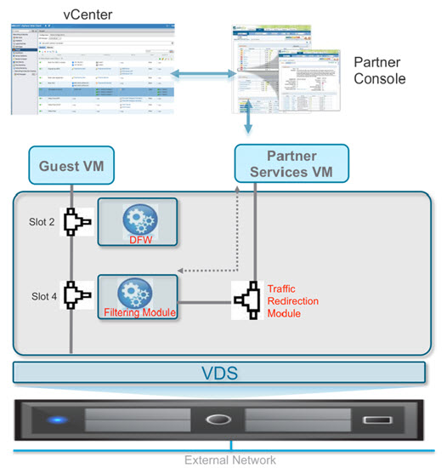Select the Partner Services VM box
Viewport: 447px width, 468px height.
point(291,164)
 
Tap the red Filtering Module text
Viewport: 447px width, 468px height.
point(138,313)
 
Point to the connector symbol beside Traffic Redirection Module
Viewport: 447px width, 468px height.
point(250,300)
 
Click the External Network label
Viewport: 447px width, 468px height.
point(230,459)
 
